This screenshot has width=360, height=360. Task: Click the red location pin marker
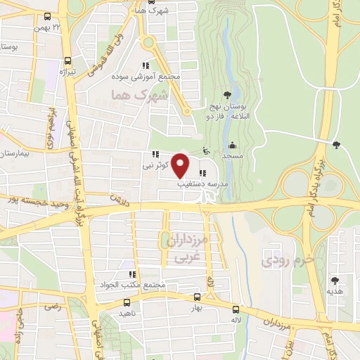point(181,165)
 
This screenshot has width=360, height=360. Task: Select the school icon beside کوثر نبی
point(154,155)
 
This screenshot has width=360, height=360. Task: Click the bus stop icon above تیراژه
point(67,60)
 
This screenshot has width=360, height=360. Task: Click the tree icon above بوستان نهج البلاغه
point(226,95)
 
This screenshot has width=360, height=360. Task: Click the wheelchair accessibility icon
point(205,150)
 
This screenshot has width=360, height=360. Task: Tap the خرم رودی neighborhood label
point(278,262)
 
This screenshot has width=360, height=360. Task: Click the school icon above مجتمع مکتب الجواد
point(131,274)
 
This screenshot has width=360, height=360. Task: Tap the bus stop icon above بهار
point(197,297)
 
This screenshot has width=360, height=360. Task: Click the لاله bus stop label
point(236,320)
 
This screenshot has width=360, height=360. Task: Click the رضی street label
point(51,307)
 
